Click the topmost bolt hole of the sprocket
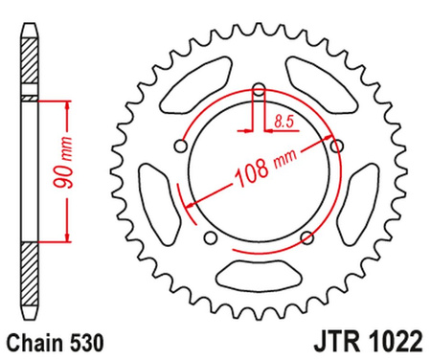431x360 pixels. (258, 92)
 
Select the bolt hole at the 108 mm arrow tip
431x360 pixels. (335, 146)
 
